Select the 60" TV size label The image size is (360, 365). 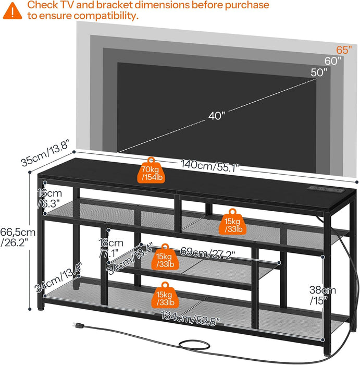coord(333,61)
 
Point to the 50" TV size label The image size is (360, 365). coord(319,72)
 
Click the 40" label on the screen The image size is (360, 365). coord(215,116)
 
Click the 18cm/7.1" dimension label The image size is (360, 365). coord(110,248)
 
